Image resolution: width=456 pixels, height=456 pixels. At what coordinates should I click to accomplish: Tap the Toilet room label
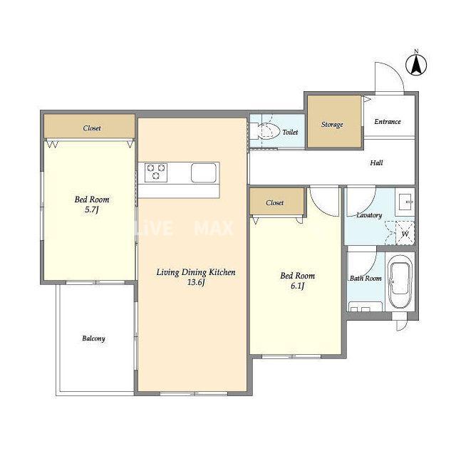tap(290, 132)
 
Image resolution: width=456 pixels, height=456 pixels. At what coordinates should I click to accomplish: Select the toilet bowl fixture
tap(265, 131)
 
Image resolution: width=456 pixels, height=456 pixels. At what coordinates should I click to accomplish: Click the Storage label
tap(332, 125)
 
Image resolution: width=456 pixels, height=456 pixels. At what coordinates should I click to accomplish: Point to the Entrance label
tap(388, 122)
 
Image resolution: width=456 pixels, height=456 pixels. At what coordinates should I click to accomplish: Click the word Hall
tap(376, 162)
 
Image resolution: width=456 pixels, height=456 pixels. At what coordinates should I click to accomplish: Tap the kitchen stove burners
tap(156, 172)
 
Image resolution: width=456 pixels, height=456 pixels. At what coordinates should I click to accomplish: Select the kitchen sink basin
tap(204, 172)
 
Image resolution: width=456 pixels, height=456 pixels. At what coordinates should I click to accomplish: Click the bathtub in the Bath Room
tap(400, 285)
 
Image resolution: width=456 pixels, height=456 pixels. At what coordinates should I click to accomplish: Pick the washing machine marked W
tap(405, 233)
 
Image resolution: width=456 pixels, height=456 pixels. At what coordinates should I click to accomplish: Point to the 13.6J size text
tap(197, 282)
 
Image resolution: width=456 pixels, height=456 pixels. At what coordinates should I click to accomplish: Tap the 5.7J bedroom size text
tap(92, 209)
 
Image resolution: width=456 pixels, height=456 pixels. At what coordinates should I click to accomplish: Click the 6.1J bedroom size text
tap(298, 286)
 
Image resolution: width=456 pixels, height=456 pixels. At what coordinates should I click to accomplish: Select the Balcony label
tap(93, 338)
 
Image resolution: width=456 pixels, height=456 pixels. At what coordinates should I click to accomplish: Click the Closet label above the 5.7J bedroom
tap(92, 128)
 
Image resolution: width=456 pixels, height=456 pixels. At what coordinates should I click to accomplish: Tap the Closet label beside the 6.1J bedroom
tap(275, 202)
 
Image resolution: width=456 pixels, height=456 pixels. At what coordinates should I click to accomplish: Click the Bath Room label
tap(366, 279)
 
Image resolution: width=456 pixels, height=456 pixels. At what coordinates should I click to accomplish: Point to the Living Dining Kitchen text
tap(196, 272)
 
